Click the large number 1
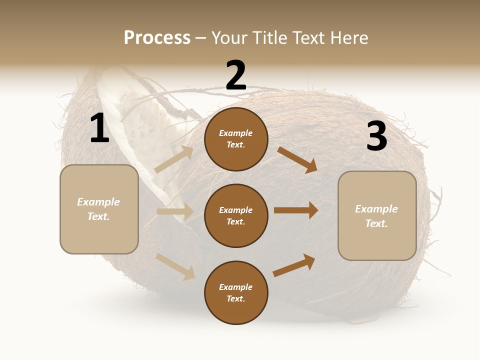pyautogui.click(x=99, y=128)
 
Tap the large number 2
pyautogui.click(x=236, y=75)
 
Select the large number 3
pyautogui.click(x=376, y=136)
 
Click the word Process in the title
pyautogui.click(x=157, y=37)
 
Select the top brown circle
pyautogui.click(x=236, y=139)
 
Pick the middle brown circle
pyautogui.click(x=236, y=215)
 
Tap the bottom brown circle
pyautogui.click(x=236, y=292)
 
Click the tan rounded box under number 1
pyautogui.click(x=99, y=209)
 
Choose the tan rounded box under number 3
pyautogui.click(x=377, y=215)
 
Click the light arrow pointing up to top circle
pyautogui.click(x=174, y=159)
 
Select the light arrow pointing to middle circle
pyautogui.click(x=175, y=211)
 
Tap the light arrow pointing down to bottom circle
pyautogui.click(x=175, y=266)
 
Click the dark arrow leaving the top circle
pyautogui.click(x=297, y=159)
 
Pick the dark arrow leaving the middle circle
pyautogui.click(x=296, y=210)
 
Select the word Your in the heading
pyautogui.click(x=230, y=37)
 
